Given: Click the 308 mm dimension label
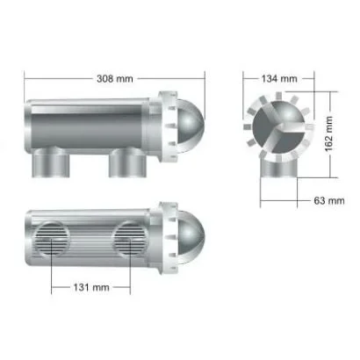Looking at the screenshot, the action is click(115, 79).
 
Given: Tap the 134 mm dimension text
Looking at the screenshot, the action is click(279, 79).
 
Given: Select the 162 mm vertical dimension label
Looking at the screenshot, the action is click(329, 133).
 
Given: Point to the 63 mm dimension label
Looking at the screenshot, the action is click(329, 201).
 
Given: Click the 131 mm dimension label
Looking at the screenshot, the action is click(91, 287).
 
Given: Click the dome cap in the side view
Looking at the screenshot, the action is click(191, 126).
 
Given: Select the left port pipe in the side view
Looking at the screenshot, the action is click(51, 162).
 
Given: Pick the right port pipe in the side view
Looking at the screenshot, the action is click(127, 162).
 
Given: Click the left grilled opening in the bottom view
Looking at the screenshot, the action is click(52, 239).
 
